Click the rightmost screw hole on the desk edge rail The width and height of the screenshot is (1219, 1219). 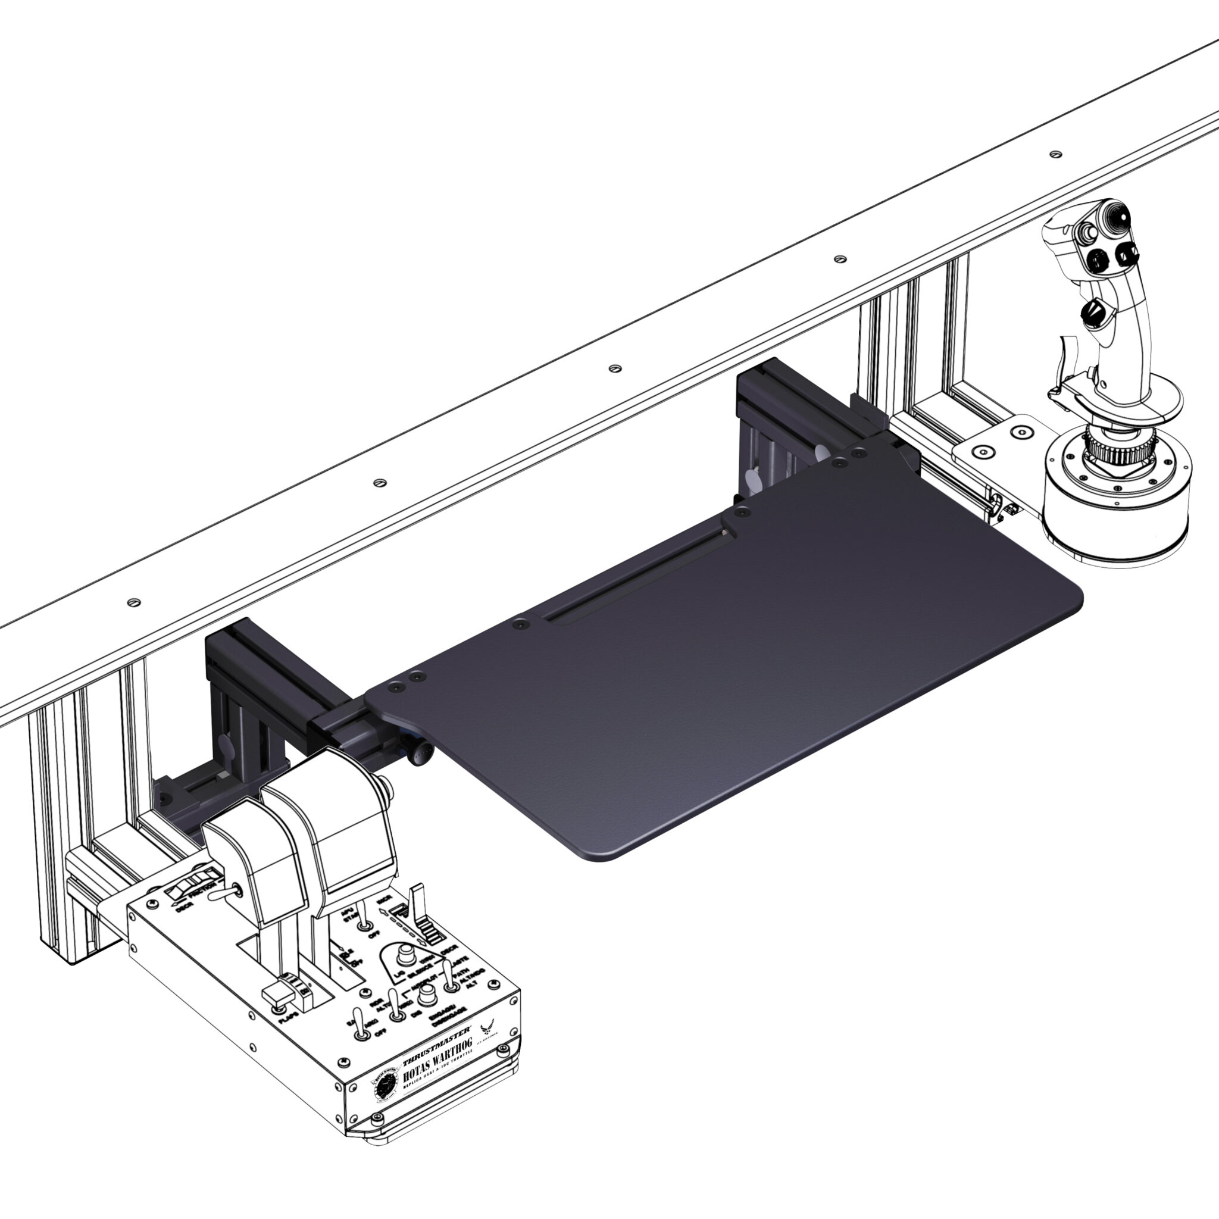tap(1055, 154)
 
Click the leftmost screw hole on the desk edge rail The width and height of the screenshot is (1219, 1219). tap(133, 602)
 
